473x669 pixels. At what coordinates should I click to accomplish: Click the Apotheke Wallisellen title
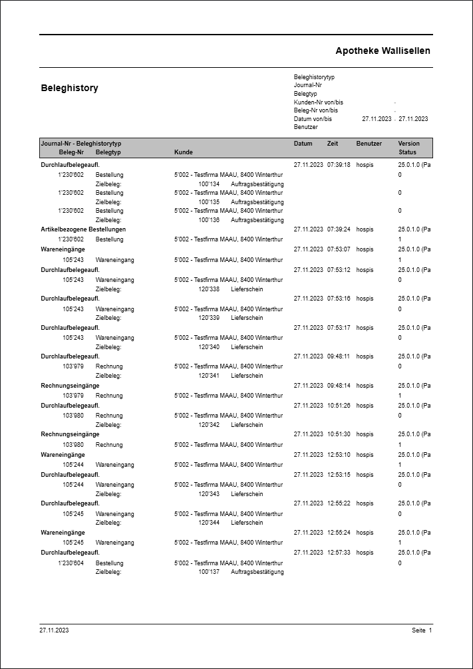point(383,51)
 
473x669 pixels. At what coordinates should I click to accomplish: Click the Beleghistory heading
point(69,88)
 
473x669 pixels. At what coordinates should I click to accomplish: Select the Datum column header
point(303,144)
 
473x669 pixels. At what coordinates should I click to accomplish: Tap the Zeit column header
point(333,144)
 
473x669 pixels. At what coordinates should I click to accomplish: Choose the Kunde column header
point(184,152)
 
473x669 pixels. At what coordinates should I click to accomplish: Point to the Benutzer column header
point(369,144)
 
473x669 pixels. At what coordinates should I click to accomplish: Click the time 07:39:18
point(339,164)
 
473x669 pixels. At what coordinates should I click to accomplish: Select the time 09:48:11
point(339,356)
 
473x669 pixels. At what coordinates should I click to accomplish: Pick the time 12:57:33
point(339,553)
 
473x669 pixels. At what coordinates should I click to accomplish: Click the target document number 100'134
point(209,184)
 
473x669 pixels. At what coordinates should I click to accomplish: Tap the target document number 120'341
point(209,376)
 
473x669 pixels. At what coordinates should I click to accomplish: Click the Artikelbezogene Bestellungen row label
point(83,229)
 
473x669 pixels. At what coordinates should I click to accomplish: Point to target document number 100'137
point(209,572)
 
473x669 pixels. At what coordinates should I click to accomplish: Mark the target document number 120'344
point(209,523)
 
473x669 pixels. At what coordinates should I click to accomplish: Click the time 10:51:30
point(339,434)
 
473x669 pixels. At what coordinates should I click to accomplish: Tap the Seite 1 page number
point(422,630)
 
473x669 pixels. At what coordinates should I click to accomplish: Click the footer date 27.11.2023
point(54,630)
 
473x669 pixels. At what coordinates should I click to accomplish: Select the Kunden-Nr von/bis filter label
point(319,102)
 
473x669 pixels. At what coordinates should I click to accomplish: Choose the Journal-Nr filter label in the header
point(308,85)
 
